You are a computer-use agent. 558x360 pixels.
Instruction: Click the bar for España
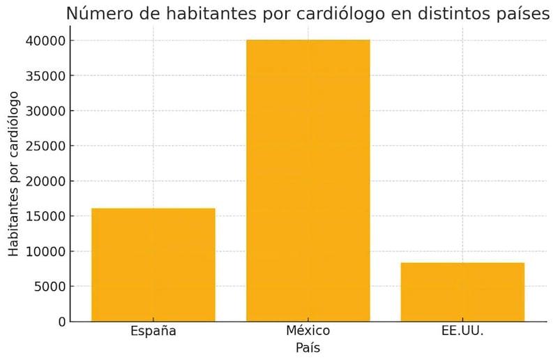(x=153, y=264)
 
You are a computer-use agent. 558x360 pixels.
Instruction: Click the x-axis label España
(x=153, y=331)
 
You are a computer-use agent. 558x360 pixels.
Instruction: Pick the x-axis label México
(x=308, y=331)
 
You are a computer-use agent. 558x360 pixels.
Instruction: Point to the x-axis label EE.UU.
(x=462, y=331)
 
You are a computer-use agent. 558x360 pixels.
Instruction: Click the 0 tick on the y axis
(x=61, y=322)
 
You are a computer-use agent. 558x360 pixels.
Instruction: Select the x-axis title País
(x=308, y=347)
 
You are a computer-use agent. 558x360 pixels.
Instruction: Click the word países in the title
(x=520, y=13)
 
